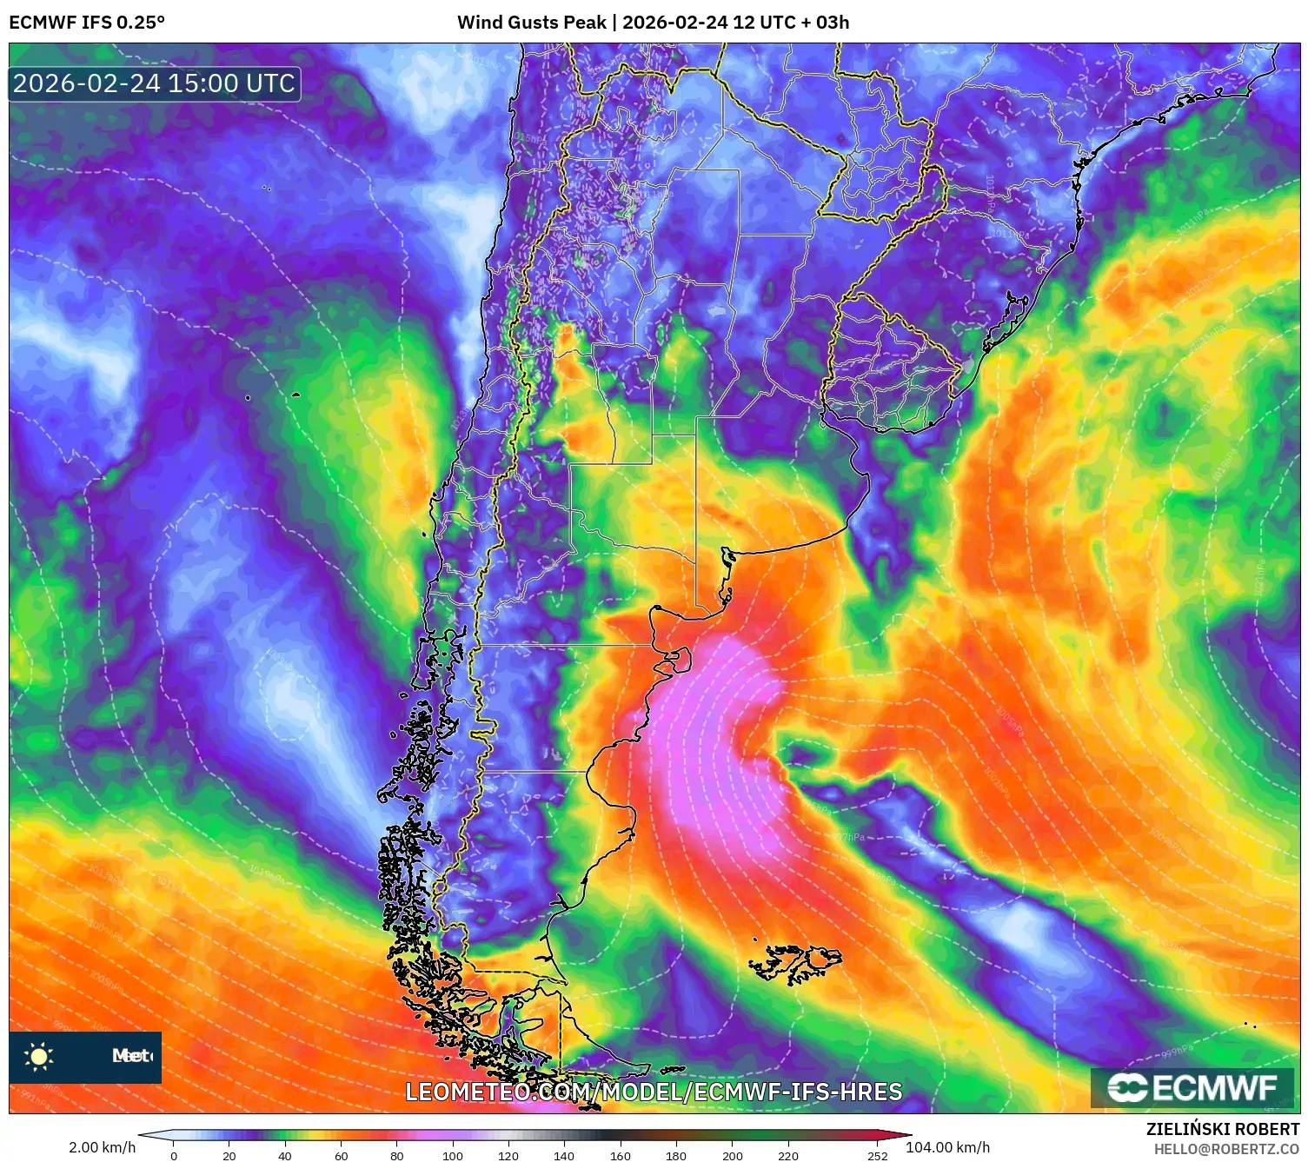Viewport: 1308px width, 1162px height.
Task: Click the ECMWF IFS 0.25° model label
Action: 87,23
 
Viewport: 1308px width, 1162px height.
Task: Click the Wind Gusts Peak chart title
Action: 653,23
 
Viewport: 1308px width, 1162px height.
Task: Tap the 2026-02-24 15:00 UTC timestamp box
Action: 155,84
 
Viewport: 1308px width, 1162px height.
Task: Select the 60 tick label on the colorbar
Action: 341,1156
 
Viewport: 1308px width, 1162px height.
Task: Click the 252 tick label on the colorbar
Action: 878,1156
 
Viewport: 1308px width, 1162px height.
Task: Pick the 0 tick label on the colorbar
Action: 174,1156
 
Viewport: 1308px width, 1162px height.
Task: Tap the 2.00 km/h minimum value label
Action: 103,1147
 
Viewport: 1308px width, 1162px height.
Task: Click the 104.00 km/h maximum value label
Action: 947,1147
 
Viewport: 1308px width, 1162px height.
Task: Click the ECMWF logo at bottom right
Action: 1192,1088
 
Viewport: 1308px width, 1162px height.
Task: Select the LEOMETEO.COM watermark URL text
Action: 654,1092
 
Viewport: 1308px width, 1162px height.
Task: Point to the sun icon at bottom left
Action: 39,1057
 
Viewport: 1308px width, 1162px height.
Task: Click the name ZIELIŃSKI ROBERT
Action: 1223,1129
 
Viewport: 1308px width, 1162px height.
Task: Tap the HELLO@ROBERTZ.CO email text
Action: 1226,1149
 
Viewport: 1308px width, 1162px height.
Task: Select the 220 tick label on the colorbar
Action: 788,1156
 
